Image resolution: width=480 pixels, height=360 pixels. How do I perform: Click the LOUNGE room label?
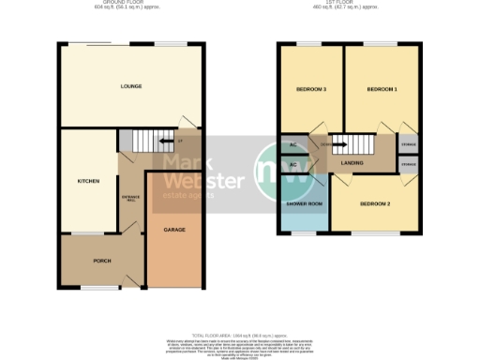click(x=130, y=86)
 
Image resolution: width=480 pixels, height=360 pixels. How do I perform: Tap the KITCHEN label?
click(x=89, y=181)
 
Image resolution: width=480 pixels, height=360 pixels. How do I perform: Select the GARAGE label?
click(x=173, y=230)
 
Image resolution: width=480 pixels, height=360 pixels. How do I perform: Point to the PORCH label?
click(x=102, y=261)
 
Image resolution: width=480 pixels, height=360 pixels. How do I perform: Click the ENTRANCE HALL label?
click(x=131, y=199)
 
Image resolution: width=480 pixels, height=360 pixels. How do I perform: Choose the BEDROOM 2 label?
click(x=375, y=203)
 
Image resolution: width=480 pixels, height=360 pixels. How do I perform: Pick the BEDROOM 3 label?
click(x=311, y=89)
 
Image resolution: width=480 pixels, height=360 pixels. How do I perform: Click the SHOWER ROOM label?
click(x=304, y=203)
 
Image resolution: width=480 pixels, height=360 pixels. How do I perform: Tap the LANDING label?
click(x=352, y=163)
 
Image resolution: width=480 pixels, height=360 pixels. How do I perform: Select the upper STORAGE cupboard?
click(x=409, y=144)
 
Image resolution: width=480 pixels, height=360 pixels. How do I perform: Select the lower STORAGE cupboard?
click(x=409, y=166)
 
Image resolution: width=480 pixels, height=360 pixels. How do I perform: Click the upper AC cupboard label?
click(x=292, y=145)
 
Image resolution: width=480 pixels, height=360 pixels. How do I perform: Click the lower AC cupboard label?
click(x=292, y=165)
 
